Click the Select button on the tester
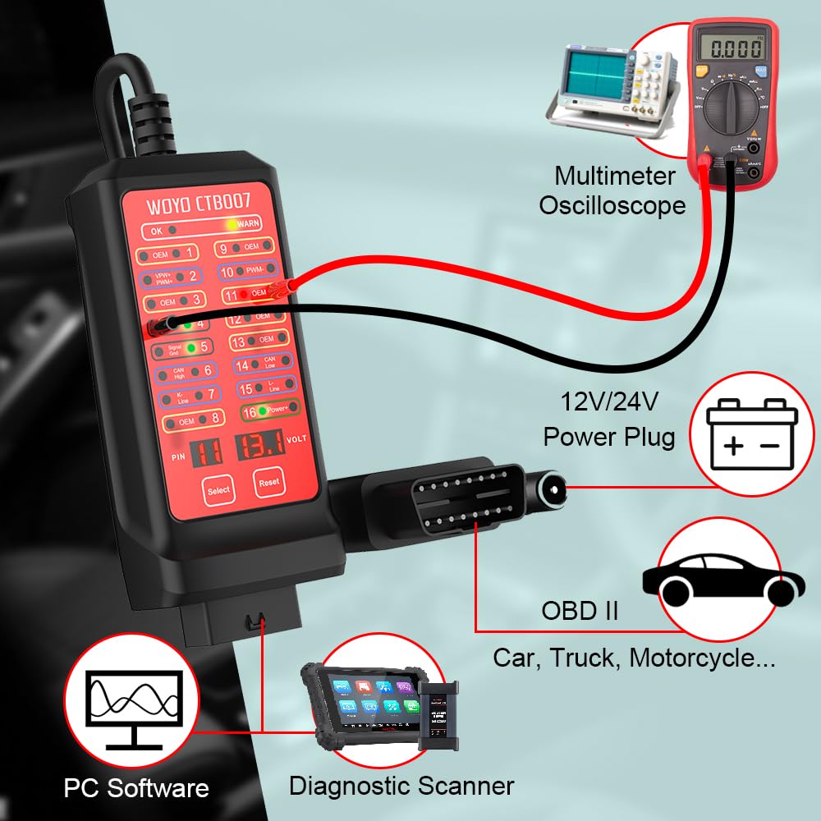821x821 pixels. click(219, 489)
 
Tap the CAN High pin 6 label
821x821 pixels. click(181, 371)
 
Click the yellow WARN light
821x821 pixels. click(234, 223)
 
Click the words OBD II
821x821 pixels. click(580, 612)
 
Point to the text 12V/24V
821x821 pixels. click(609, 402)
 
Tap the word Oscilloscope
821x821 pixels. click(612, 205)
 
